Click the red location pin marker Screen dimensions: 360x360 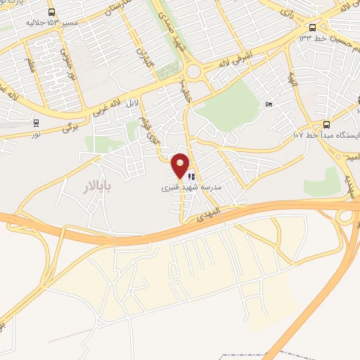pos(181,165)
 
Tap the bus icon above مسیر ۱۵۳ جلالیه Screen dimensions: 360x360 pos(51,13)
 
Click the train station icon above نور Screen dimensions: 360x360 pos(36,122)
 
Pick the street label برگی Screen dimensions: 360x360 pos(69,128)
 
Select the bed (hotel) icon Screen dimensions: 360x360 pos(268,105)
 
